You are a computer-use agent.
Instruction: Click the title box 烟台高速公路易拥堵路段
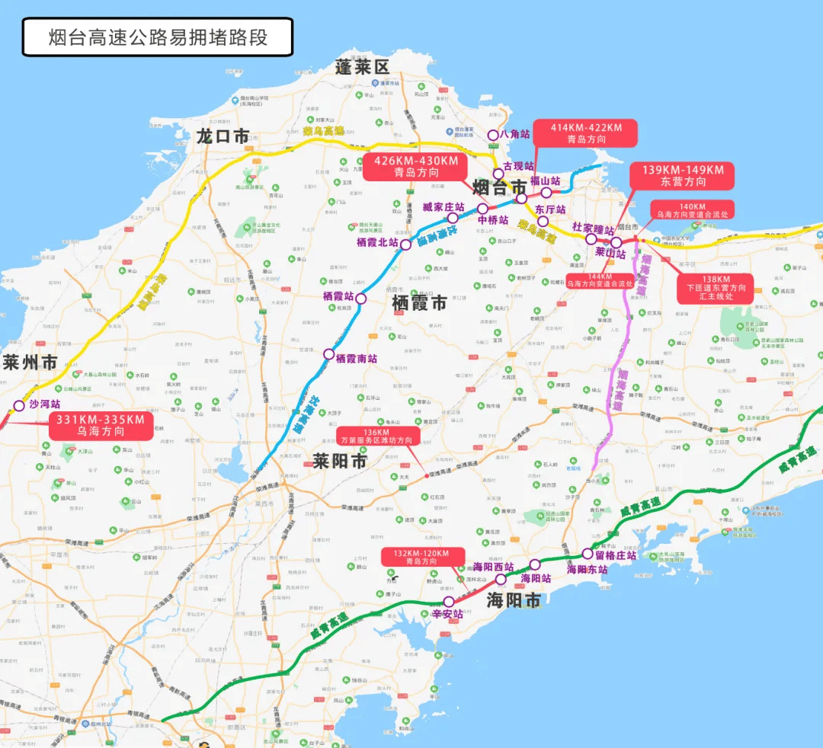click(157, 37)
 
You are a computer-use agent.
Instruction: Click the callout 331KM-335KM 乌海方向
click(101, 426)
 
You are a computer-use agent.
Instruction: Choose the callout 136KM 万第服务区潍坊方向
click(377, 436)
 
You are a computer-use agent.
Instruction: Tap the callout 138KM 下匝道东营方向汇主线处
click(715, 288)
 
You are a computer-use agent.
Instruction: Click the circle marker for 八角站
click(493, 135)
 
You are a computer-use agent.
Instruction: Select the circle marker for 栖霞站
click(361, 299)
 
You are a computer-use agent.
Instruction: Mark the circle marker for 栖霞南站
click(328, 354)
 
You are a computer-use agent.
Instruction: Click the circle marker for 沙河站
click(19, 405)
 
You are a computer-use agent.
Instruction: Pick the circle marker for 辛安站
click(449, 602)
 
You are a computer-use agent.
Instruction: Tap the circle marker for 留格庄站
click(587, 554)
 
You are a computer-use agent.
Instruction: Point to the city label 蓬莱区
click(362, 67)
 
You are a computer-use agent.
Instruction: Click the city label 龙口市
click(223, 136)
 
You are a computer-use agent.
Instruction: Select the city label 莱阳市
click(339, 460)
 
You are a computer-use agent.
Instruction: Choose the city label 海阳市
click(514, 600)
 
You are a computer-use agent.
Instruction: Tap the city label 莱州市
click(29, 363)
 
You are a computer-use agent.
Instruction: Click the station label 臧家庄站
click(444, 207)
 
